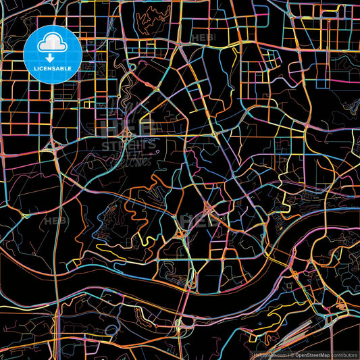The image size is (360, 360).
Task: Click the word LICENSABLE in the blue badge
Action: [x=53, y=68]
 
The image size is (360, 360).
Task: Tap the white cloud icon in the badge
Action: [x=53, y=44]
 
